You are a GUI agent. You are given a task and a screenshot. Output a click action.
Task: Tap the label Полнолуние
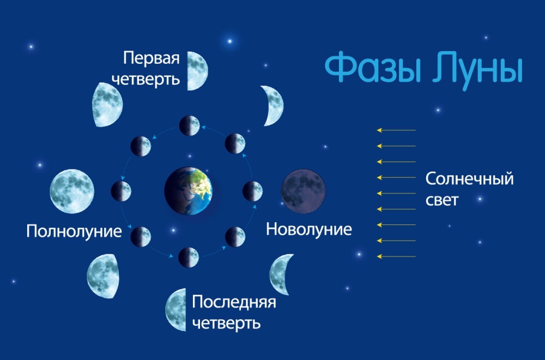point(74,231)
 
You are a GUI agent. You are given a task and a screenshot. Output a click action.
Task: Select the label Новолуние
point(309,229)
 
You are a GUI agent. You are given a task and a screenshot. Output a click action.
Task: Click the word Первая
point(152,58)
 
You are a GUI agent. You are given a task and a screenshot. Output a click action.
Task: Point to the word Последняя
point(234,302)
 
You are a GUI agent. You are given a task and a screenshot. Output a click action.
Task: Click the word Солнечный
point(470,179)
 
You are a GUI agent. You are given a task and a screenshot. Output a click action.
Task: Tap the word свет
point(442,200)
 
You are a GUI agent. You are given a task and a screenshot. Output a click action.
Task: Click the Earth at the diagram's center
point(188,191)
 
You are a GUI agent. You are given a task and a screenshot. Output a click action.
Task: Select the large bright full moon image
point(72,191)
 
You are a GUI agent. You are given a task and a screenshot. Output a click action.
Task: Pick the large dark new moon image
point(304,191)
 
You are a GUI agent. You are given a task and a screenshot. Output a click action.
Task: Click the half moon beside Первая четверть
point(197,71)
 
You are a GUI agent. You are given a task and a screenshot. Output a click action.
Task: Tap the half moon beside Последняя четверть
point(176,309)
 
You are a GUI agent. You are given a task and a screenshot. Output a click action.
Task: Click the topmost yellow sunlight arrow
point(396,130)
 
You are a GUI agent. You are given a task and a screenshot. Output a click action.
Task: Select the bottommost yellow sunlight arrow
point(396,257)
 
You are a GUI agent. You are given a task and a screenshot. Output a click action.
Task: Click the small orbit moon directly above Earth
point(190,125)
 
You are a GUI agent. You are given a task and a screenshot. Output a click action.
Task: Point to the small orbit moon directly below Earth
point(189,258)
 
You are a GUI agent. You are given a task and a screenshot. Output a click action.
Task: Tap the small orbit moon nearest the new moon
point(253,191)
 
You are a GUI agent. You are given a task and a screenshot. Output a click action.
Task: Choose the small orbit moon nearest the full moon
point(121,191)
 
